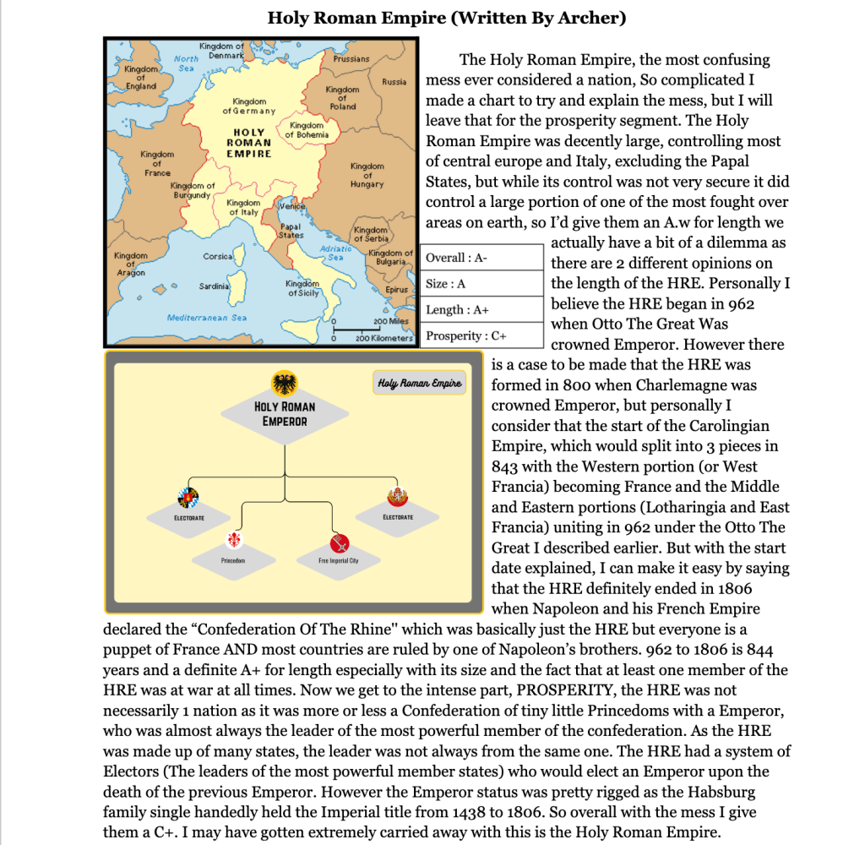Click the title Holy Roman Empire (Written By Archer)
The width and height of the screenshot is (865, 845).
point(447,18)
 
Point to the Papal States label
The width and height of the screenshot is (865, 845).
point(291,231)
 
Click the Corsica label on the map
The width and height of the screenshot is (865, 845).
point(218,256)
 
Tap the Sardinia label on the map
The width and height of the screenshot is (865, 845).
point(215,286)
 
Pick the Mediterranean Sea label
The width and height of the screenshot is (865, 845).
point(207,318)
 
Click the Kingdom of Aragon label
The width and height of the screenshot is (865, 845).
point(131,264)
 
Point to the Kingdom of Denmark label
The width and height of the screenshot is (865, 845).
point(221,50)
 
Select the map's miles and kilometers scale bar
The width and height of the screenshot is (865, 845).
point(372,330)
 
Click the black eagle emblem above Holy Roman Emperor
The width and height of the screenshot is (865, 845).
point(285,384)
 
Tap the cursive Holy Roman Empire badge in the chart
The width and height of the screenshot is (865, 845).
point(420,384)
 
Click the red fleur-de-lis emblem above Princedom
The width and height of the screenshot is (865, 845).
point(234,539)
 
